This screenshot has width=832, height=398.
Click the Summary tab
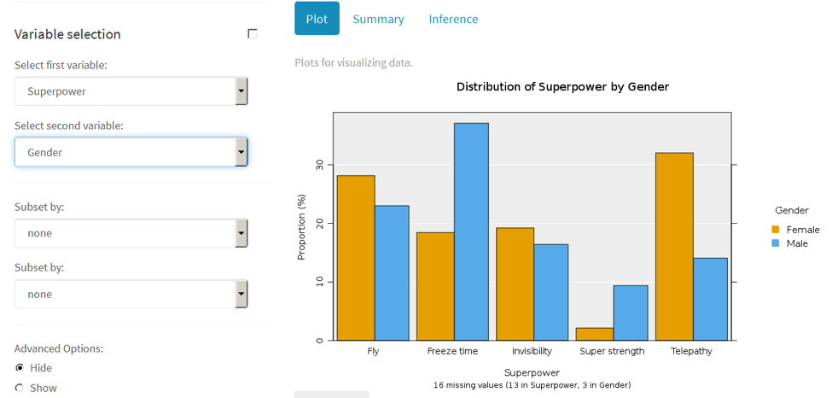pyautogui.click(x=378, y=19)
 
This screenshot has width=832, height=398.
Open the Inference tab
pyautogui.click(x=453, y=19)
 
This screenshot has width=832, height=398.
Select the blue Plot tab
pyautogui.click(x=317, y=19)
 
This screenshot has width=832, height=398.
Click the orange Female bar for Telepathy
pyautogui.click(x=674, y=246)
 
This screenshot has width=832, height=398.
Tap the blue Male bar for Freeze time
pyautogui.click(x=471, y=231)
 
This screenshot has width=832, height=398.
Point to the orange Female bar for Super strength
pyautogui.click(x=595, y=334)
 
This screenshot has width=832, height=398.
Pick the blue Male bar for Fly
pyautogui.click(x=392, y=272)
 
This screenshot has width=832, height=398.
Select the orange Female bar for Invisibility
pyautogui.click(x=515, y=284)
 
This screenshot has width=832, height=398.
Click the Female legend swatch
pyautogui.click(x=776, y=230)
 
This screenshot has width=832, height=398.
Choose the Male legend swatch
pyautogui.click(x=776, y=243)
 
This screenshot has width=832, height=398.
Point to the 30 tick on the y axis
pyautogui.click(x=319, y=165)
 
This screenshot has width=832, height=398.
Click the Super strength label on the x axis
pyautogui.click(x=612, y=351)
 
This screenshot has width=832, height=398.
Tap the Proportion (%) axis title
pyautogui.click(x=301, y=227)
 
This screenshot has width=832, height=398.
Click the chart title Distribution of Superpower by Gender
pyautogui.click(x=562, y=87)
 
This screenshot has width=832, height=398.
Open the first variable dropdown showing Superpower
pyautogui.click(x=131, y=91)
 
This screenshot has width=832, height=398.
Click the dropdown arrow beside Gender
pyautogui.click(x=241, y=152)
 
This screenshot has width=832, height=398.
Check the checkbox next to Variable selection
pyautogui.click(x=253, y=34)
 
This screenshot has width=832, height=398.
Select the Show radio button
pyautogui.click(x=20, y=388)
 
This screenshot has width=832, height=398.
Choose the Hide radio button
pyautogui.click(x=20, y=368)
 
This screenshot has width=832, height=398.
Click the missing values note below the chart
pyautogui.click(x=532, y=385)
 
